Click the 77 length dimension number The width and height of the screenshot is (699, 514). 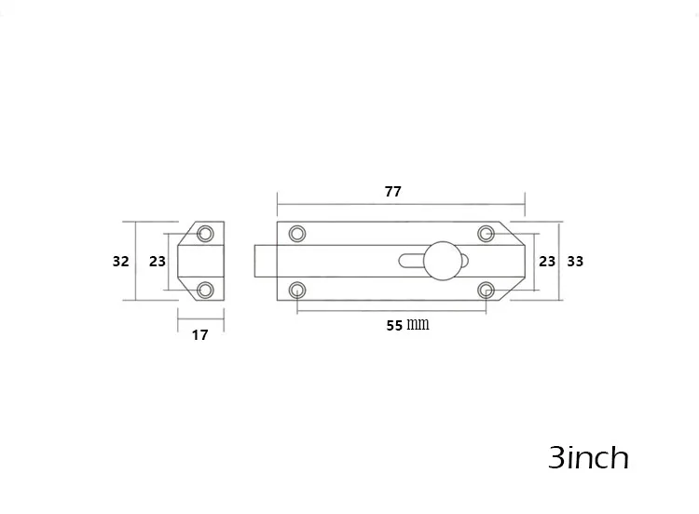[392, 192]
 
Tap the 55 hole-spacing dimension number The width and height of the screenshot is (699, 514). [394, 326]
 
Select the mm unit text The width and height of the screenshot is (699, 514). [418, 324]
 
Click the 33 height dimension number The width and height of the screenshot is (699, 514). [575, 262]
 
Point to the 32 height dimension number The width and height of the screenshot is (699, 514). [121, 262]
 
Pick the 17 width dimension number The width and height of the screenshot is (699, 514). [200, 335]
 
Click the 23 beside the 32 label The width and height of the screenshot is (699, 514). [158, 262]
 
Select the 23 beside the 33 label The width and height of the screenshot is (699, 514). [547, 262]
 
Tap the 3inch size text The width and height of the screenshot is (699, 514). [588, 457]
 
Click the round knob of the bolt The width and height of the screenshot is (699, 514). [443, 261]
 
